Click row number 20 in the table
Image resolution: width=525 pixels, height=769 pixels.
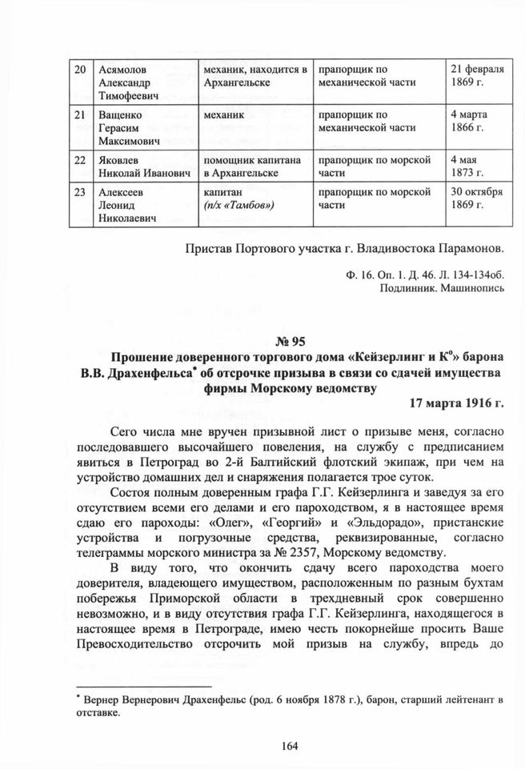point(79,69)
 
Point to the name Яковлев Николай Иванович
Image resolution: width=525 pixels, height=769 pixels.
point(132,166)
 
